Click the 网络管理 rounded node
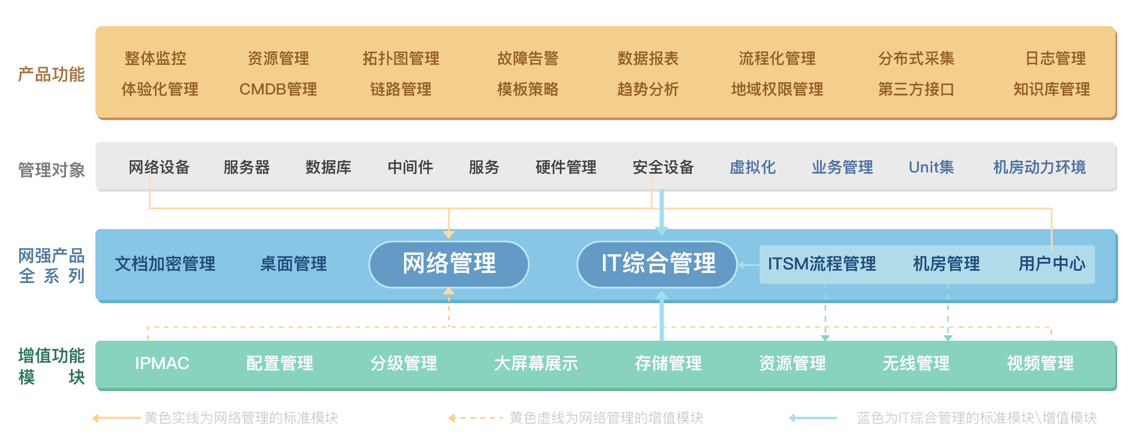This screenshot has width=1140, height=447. pos(449,264)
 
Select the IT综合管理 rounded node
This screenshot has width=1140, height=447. pos(657,264)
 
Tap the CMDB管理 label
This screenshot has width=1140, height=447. pos(278,89)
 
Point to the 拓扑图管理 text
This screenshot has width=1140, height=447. pos(401,58)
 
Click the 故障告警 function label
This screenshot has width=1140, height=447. pos(527,58)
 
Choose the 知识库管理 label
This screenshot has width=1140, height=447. pos(1051,89)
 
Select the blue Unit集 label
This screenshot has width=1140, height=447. pos(931,167)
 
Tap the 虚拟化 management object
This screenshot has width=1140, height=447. pos(752,167)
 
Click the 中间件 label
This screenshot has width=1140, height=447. pos(410,167)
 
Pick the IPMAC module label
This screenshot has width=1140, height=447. pos(162,364)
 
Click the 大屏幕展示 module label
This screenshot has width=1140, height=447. pos(536,364)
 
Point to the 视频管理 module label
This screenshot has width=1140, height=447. pos(1040,364)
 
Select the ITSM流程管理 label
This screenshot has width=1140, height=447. pos(822,264)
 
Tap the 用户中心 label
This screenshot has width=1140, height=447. pos(1052,264)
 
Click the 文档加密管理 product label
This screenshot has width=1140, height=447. pos(165,264)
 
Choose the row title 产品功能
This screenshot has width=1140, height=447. pos(52,74)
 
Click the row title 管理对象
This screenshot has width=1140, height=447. pos(52,170)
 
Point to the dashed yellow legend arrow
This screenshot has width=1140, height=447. pos(475,418)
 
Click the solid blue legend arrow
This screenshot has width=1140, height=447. pos(813,418)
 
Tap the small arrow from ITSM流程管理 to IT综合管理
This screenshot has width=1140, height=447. pos(748,265)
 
